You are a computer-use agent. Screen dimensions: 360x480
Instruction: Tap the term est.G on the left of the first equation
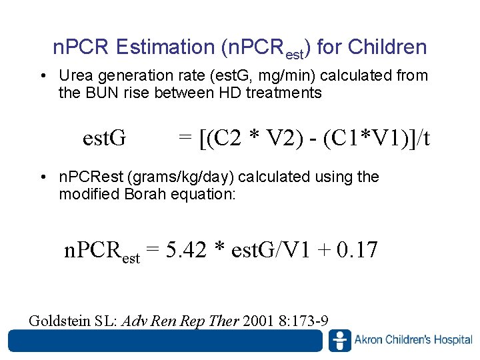coord(104,138)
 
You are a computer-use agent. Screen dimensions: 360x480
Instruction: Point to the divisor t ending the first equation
coord(425,138)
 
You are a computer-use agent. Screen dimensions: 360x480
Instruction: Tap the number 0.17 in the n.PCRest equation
coord(357,250)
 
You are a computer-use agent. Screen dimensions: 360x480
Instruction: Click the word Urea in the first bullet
coord(74,76)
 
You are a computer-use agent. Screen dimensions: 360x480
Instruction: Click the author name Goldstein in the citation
coord(63,321)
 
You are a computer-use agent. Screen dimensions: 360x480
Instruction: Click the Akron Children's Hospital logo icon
coord(339,341)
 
